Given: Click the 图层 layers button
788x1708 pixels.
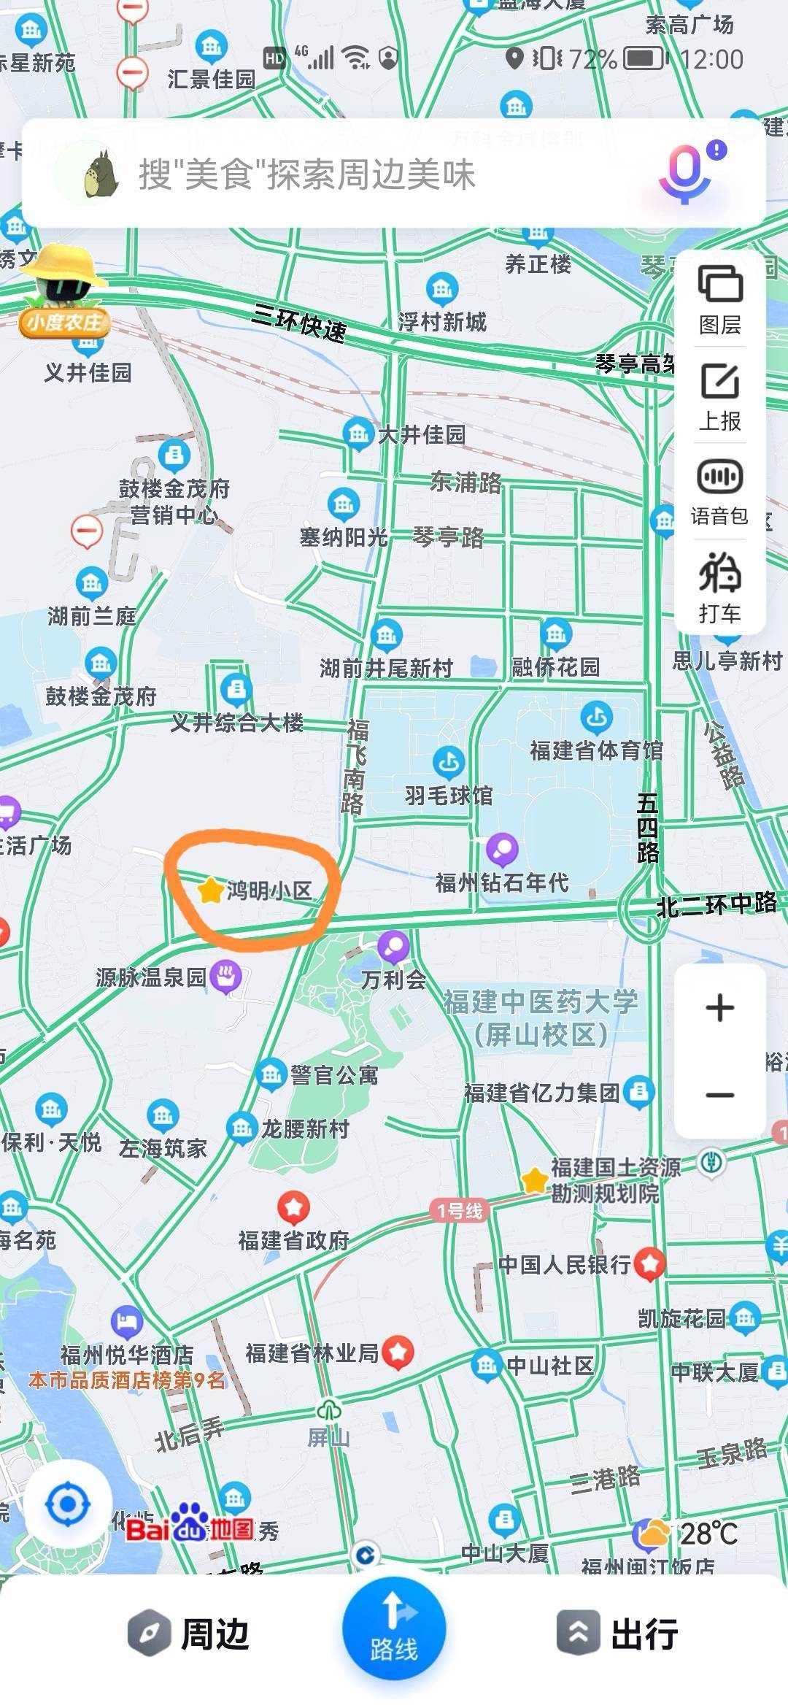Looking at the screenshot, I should click(720, 298).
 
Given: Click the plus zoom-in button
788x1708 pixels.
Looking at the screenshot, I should click(720, 1008).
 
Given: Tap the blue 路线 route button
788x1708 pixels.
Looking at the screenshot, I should click(394, 1629).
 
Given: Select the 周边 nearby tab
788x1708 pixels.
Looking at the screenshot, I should click(190, 1634).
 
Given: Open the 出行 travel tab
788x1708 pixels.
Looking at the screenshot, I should click(619, 1634).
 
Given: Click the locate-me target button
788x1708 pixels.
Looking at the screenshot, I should click(68, 1504).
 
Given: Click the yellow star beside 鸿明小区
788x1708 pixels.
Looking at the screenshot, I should click(210, 890).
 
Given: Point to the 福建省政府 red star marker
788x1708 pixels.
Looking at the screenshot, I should click(293, 1208).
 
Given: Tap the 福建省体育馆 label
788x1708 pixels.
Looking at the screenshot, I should click(596, 750).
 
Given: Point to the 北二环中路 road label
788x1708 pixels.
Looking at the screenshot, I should click(716, 905).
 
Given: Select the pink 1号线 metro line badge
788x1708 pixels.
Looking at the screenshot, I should click(460, 1211).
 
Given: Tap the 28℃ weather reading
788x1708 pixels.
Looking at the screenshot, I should click(708, 1534).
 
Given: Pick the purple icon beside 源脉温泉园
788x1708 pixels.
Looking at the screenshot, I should click(226, 976).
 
